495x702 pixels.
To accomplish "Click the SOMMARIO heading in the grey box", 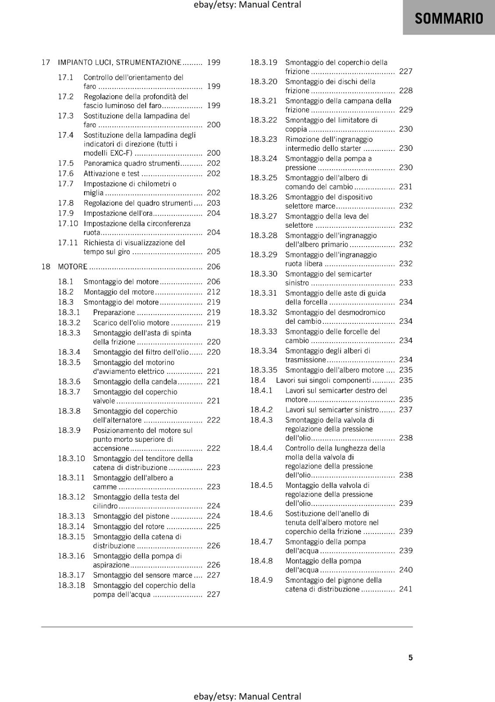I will pyautogui.click(x=449, y=18).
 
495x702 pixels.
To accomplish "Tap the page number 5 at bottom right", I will pyautogui.click(x=410, y=657).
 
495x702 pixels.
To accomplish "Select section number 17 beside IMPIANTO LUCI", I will pyautogui.click(x=46, y=62).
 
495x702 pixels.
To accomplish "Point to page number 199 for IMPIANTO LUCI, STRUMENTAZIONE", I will pyautogui.click(x=213, y=62).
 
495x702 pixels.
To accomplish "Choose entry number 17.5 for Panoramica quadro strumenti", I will pyautogui.click(x=66, y=163).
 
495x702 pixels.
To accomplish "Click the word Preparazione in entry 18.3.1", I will pyautogui.click(x=114, y=312).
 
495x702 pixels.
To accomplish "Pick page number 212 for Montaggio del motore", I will pyautogui.click(x=213, y=292).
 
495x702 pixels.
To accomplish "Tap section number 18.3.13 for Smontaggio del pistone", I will pyautogui.click(x=71, y=516).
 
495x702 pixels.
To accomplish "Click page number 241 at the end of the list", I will pyautogui.click(x=406, y=589).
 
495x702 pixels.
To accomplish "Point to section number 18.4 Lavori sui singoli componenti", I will pyautogui.click(x=258, y=380).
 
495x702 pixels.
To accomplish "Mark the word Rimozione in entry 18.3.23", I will pyautogui.click(x=303, y=139).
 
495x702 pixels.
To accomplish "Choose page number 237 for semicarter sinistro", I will pyautogui.click(x=406, y=410).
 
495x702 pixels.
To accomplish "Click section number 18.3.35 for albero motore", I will pyautogui.click(x=264, y=370).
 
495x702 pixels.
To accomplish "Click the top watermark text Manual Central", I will pyautogui.click(x=270, y=5).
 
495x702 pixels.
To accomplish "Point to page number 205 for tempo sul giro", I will pyautogui.click(x=213, y=251).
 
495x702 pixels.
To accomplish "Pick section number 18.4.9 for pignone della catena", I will pyautogui.click(x=261, y=580).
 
